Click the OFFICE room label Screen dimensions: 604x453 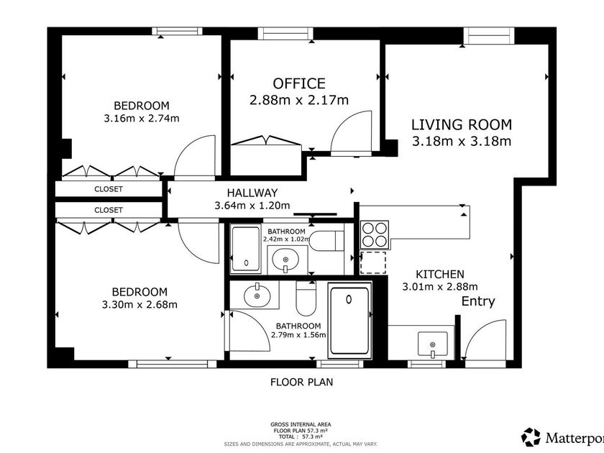coord(299,83)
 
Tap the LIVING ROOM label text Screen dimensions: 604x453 coord(462,125)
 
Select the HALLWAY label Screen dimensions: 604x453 coord(252,193)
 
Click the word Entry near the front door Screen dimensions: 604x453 coord(478,301)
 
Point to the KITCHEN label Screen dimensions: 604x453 coord(440,274)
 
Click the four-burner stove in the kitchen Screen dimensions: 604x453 coord(375,234)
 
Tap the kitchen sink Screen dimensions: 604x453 coord(433,344)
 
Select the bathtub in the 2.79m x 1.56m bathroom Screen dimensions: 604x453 coord(349,321)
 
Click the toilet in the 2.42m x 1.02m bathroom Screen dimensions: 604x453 coord(326,241)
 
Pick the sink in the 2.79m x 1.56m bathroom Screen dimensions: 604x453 coord(257,295)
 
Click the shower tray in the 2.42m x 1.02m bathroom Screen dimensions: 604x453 coord(246,250)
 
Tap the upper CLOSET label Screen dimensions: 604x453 coord(109,189)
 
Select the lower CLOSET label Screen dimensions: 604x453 coord(109,210)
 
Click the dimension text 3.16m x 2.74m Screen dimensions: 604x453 coord(142,118)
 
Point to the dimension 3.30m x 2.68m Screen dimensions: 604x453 coord(139,305)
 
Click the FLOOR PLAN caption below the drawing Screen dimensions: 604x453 coord(301,382)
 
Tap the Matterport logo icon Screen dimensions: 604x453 coord(531,437)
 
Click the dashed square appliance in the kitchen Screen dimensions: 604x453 coord(373,262)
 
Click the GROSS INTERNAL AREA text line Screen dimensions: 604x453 coord(301,424)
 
